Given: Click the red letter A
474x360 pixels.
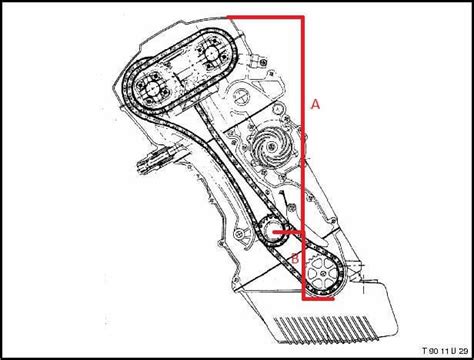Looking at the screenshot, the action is [x=315, y=105].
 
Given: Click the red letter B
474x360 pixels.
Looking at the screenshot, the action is [x=295, y=258].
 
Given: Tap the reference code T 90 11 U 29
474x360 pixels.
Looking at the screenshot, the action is [x=445, y=351].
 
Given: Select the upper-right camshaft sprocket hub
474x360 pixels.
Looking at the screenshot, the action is [x=211, y=53].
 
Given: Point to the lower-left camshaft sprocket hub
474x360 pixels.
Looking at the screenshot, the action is [x=153, y=88].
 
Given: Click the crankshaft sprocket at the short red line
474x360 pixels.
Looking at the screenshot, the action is [x=272, y=232].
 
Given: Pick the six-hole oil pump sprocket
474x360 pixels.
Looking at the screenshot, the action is [x=322, y=274].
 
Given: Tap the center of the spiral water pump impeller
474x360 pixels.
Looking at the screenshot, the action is [x=272, y=146].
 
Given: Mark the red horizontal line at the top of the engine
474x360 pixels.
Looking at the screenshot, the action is [x=265, y=17].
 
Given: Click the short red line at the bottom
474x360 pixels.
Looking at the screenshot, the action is [x=318, y=299].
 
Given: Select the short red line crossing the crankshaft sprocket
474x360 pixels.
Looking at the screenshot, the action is [x=289, y=232].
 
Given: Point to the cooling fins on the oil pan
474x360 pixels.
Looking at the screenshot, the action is [x=327, y=330].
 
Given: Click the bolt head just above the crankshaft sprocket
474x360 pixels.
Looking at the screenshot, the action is [x=292, y=208].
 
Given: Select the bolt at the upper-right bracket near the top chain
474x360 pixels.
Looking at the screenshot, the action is [x=264, y=62].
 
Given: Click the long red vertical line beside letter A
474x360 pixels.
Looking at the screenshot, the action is [x=303, y=158].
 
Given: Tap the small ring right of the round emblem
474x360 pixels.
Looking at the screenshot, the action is [x=277, y=108].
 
